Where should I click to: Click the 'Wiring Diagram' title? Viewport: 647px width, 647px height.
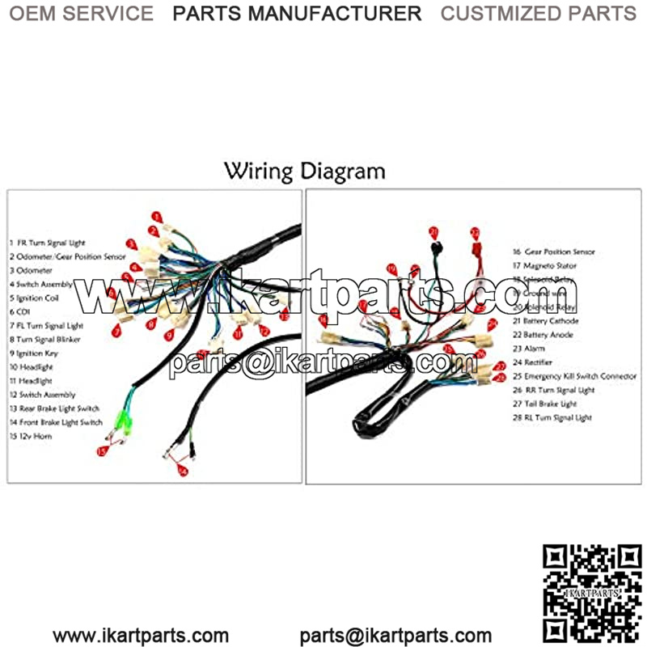pyautogui.click(x=304, y=171)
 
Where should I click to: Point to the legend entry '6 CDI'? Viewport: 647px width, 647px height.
pyautogui.click(x=19, y=312)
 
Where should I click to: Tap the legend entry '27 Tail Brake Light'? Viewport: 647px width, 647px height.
pyautogui.click(x=552, y=404)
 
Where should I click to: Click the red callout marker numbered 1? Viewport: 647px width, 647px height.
pyautogui.click(x=156, y=217)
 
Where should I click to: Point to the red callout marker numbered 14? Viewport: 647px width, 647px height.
pyautogui.click(x=183, y=471)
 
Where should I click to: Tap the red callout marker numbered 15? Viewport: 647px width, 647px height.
pyautogui.click(x=102, y=451)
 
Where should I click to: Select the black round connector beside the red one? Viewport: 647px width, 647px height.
pyautogui.click(x=434, y=246)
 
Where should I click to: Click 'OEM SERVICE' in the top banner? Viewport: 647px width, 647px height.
pyautogui.click(x=81, y=13)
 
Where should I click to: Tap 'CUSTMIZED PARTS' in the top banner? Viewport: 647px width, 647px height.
pyautogui.click(x=538, y=13)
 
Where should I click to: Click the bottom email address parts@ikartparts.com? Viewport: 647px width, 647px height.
pyautogui.click(x=395, y=636)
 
